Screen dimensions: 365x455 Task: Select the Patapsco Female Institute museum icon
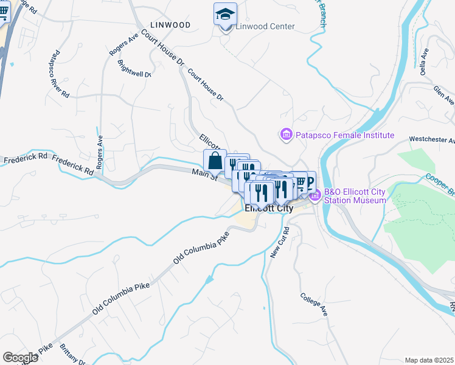[x=285, y=134]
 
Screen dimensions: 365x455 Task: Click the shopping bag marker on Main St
[x=215, y=162]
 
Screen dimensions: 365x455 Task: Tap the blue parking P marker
[x=309, y=182]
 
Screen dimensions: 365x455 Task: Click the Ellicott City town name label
[x=268, y=208]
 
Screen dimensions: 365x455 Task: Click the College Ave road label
[x=314, y=304]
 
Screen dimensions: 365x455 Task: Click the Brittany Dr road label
[x=73, y=355]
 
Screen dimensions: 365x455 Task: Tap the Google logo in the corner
[x=20, y=358]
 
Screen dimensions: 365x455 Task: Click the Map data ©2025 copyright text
[x=428, y=360]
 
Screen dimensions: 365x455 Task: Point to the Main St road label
[x=204, y=175]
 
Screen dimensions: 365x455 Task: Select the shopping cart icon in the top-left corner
[x=4, y=12]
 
